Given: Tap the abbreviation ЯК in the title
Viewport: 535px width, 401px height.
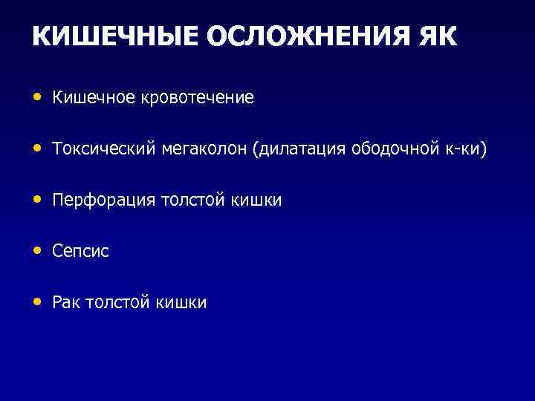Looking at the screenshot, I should pos(438,36).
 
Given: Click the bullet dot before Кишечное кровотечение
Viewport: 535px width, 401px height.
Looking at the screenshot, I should pos(37,97).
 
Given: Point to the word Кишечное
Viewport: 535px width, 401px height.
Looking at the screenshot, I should pos(88,98).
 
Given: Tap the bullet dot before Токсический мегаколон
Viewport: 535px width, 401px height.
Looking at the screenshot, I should pos(37,149).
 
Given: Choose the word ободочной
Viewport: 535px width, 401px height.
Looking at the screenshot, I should pos(388,149).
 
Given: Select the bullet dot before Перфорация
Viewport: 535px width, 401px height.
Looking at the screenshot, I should pos(37,199).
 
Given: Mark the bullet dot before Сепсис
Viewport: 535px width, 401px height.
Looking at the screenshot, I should pos(37,250).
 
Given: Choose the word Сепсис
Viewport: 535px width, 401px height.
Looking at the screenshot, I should pos(80,252).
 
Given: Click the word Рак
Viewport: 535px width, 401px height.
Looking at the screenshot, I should pos(66,303).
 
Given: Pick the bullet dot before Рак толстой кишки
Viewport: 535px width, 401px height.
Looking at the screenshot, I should pos(37,301).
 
